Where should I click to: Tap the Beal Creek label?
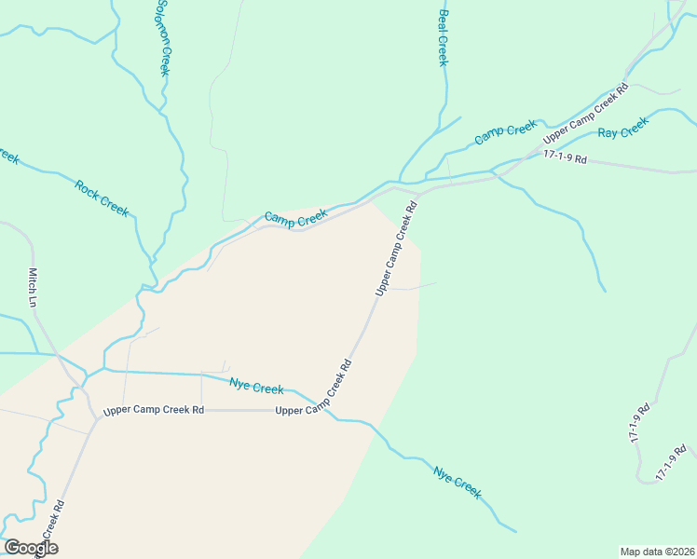444,38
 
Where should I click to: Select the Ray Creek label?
622,128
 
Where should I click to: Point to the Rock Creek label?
102,198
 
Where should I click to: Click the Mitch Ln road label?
33,288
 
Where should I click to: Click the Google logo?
30,548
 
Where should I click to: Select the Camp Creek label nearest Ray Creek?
506,132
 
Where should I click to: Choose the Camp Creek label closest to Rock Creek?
295,217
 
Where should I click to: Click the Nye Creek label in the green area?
458,483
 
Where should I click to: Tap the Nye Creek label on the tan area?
256,387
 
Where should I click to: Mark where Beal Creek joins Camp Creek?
400,181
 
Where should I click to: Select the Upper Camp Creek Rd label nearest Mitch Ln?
154,410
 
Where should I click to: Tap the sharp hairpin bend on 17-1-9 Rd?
639,479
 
